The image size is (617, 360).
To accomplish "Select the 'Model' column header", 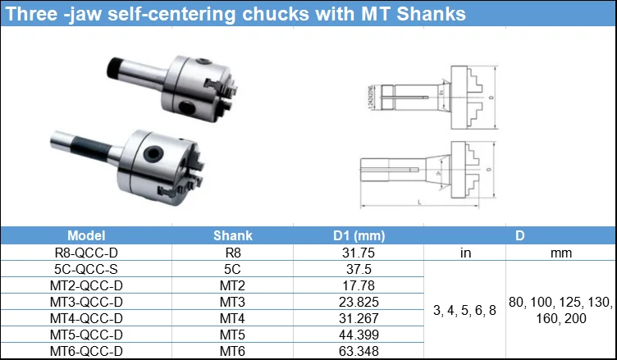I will pos(87,235).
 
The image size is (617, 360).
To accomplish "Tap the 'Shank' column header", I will pos(233,235).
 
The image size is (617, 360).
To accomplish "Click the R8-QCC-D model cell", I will pos(87,253).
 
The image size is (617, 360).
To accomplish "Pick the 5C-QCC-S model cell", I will pos(87,269).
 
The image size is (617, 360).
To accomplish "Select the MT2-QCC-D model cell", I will pos(87,285).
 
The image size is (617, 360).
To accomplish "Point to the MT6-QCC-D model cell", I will pos(87,351).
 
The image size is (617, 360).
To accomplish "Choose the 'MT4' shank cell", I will pos(233,318).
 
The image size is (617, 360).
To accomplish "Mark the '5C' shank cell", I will pos(233,269).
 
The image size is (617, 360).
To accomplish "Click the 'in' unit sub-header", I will pos(464,253).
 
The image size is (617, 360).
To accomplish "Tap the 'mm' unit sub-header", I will pos(561,253).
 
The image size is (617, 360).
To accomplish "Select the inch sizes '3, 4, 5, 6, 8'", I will pos(464,310).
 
